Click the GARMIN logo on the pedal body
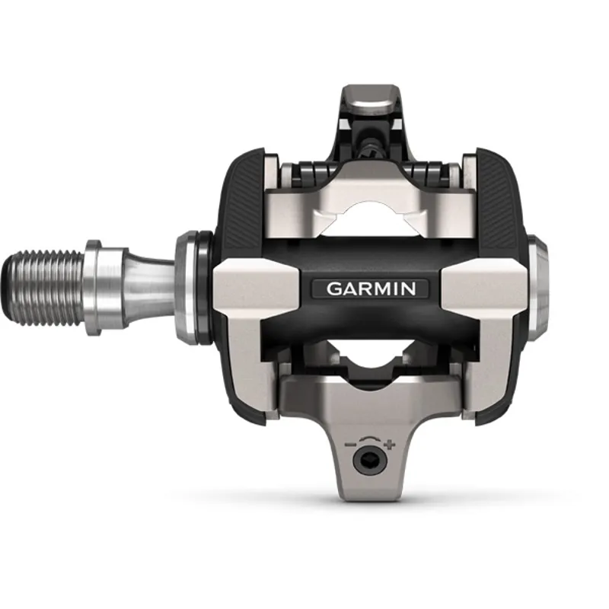[371, 289]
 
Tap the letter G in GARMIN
[333, 289]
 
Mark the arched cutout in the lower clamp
[371, 358]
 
